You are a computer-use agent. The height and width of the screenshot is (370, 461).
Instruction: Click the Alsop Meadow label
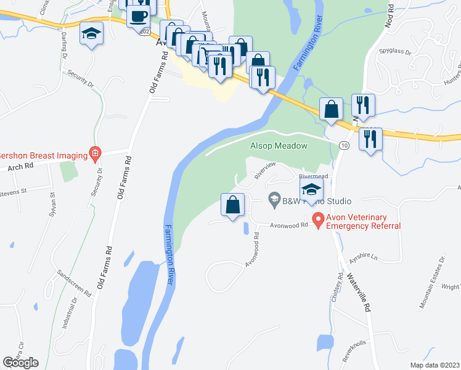click(278, 146)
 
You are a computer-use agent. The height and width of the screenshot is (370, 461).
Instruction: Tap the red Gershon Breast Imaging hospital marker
click(94, 152)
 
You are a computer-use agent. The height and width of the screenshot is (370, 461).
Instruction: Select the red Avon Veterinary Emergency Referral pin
click(318, 219)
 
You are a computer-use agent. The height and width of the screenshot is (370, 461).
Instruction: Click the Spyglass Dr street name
click(396, 52)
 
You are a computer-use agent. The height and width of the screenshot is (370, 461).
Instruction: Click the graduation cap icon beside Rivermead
click(311, 189)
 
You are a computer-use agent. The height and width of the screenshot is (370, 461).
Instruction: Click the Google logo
click(20, 362)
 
